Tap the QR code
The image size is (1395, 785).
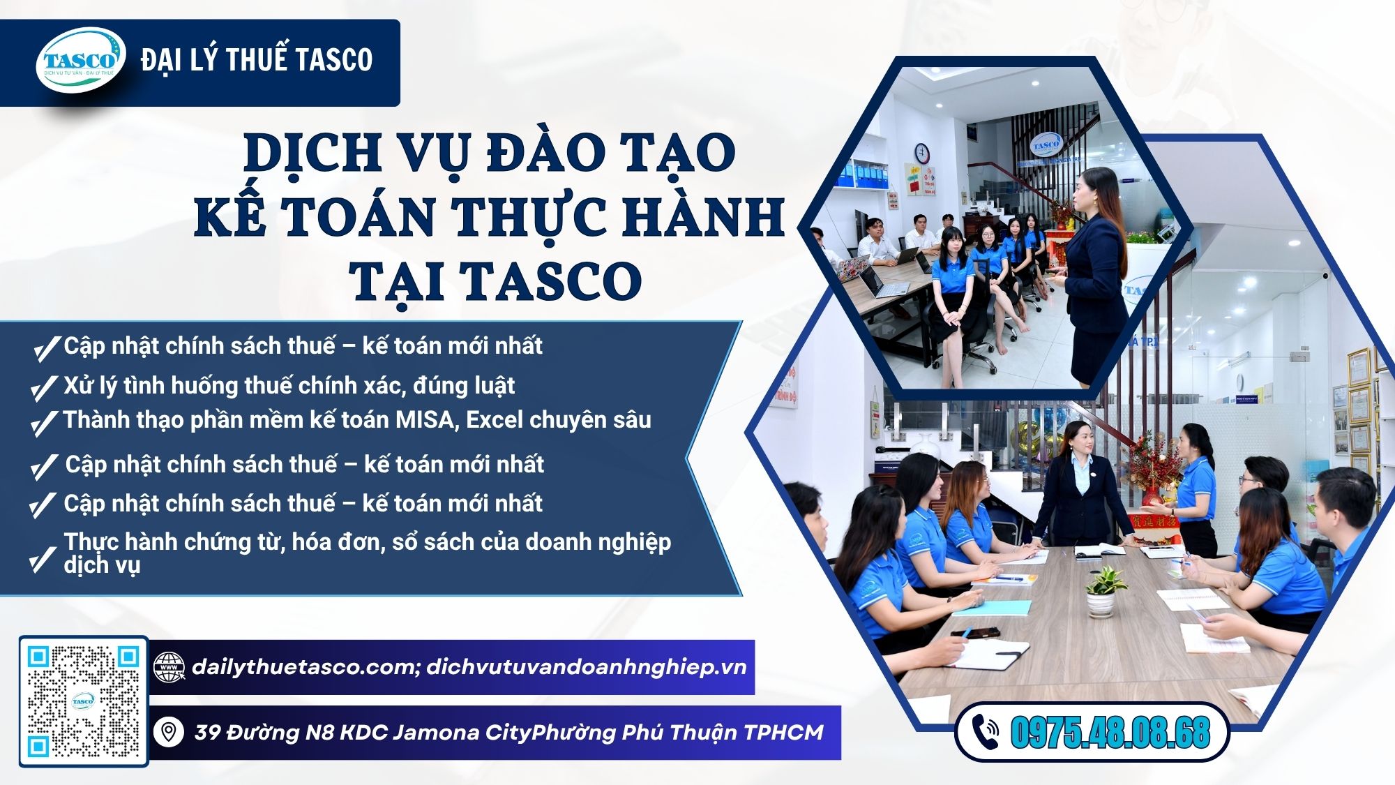coord(83,701)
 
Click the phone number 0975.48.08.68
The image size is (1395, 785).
coord(1110,733)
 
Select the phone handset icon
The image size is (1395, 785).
coord(985,732)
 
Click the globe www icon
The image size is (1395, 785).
coord(169,668)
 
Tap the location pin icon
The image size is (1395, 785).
coord(168,733)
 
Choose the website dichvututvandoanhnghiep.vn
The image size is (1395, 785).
coord(586,668)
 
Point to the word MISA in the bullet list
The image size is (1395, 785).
coord(425,420)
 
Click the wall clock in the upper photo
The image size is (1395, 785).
coord(922,151)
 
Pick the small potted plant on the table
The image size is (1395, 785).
coord(1103,590)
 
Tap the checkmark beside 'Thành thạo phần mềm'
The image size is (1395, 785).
coord(44,423)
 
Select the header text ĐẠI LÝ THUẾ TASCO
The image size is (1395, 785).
coord(257,60)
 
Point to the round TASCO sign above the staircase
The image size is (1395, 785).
coord(1046,144)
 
